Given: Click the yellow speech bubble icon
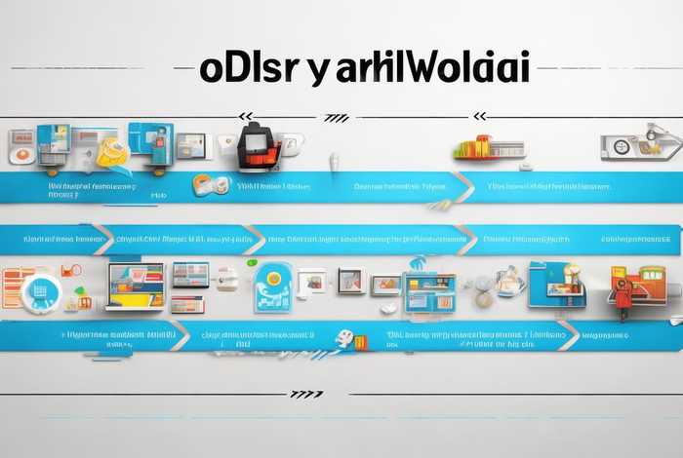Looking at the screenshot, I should [x=112, y=152].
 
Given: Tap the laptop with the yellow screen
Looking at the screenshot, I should [x=135, y=285].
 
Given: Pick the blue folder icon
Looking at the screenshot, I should [x=557, y=284].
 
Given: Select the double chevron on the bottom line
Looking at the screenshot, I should [x=306, y=395].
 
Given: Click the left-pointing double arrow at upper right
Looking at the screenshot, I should [x=479, y=117].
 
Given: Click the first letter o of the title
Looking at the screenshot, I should [x=213, y=69].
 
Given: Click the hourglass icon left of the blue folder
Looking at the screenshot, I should [x=508, y=282].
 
